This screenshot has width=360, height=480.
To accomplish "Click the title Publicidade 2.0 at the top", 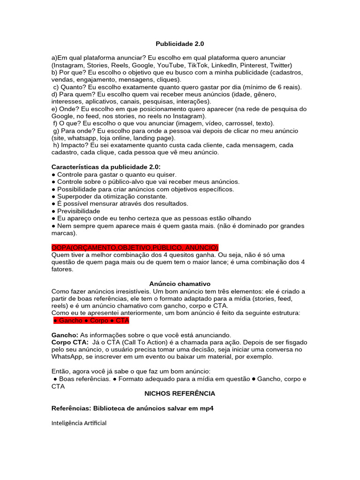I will (x=180, y=44).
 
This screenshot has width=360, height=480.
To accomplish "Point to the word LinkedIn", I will (x=224, y=65).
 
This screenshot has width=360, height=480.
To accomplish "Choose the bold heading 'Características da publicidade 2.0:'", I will (x=106, y=167).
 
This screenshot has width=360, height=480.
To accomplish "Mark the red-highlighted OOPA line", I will (x=135, y=247).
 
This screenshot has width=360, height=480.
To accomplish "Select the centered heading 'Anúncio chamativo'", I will (x=180, y=284).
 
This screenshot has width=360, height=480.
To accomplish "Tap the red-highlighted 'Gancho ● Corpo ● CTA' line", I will (x=91, y=321).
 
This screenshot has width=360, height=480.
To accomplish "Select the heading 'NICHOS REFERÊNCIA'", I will (x=180, y=393).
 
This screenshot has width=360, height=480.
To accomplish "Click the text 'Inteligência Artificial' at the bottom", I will (x=79, y=423).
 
